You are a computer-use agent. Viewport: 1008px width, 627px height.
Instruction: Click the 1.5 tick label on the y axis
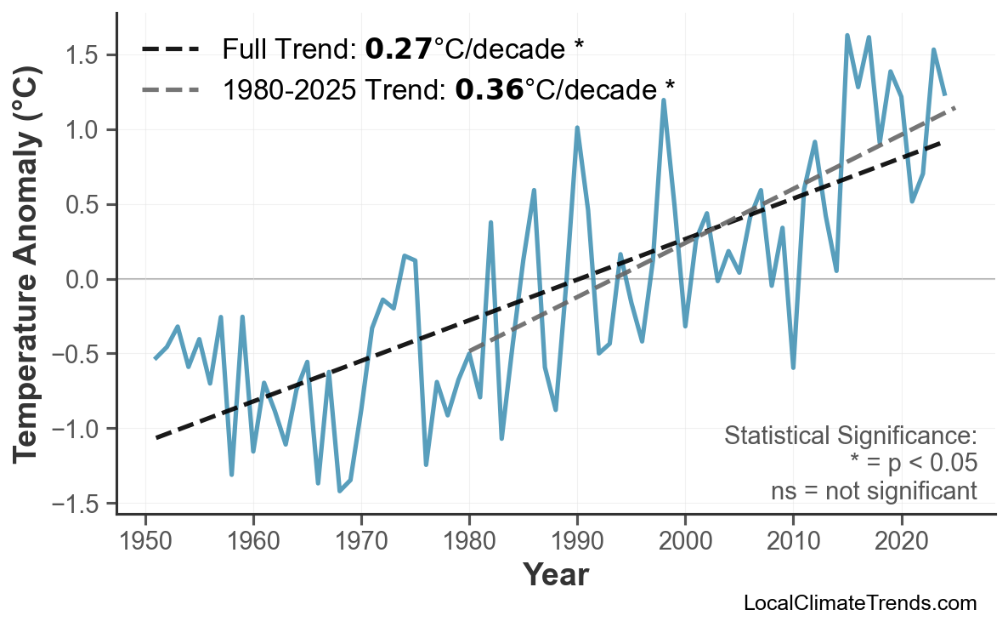(x=84, y=55)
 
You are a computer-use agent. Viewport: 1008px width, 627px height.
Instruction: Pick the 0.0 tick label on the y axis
(x=84, y=279)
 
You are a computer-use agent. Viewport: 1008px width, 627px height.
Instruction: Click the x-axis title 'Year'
(x=555, y=575)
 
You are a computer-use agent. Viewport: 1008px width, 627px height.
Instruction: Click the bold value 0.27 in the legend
(x=398, y=48)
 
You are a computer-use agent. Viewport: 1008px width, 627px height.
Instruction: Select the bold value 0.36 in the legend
(x=489, y=88)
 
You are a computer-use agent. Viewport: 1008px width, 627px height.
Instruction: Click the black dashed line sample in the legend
(x=170, y=48)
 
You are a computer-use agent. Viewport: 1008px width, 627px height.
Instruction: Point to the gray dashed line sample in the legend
(x=170, y=88)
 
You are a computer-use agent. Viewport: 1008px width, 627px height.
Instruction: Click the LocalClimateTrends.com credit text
(x=860, y=603)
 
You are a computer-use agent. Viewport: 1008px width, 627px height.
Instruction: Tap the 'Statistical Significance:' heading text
(x=850, y=436)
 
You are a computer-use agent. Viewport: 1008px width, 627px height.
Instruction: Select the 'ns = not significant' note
(x=874, y=491)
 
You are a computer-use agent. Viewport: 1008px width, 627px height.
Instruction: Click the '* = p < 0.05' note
(x=913, y=464)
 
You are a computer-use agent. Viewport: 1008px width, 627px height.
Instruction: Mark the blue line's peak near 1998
(x=664, y=100)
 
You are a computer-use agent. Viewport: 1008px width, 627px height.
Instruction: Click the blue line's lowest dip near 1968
(x=340, y=491)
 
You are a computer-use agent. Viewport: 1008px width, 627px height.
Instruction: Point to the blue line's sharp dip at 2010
(x=793, y=368)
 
